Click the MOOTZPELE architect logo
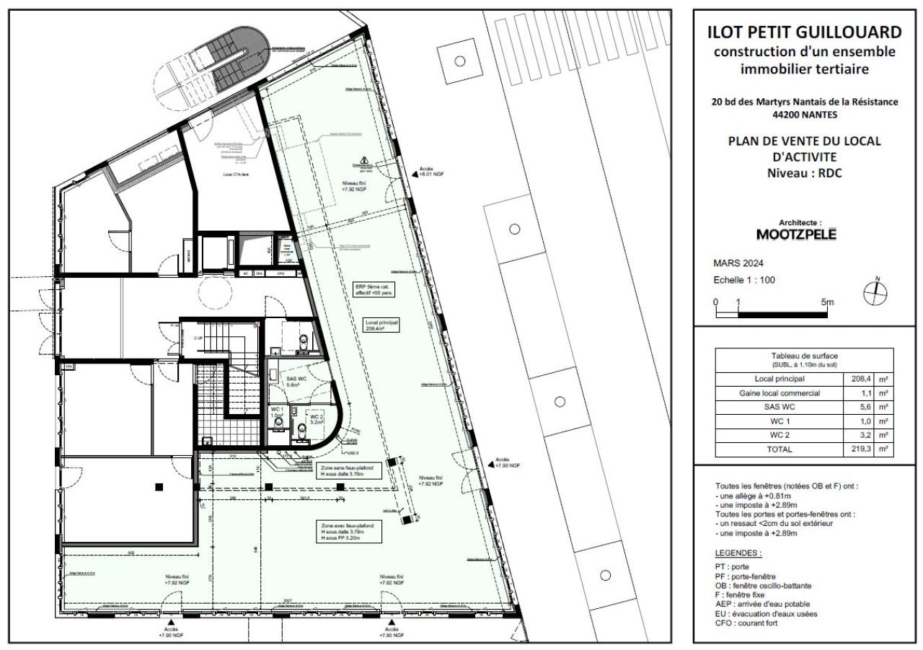pos(796,235)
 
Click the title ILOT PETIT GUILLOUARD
pos(805,32)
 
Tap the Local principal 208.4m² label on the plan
pos(383,325)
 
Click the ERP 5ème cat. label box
pos(376,289)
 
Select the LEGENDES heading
pos(738,553)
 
